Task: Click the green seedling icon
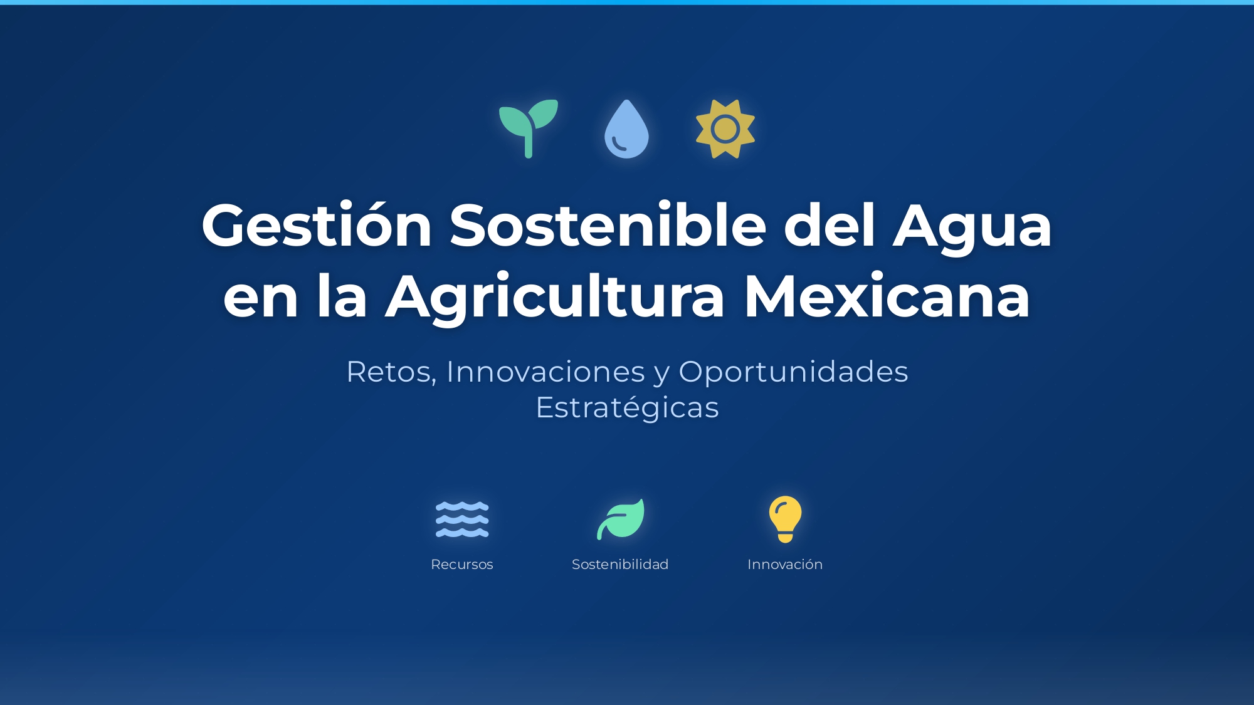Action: [x=528, y=128]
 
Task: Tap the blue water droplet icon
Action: [x=626, y=130]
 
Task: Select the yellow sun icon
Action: [x=725, y=129]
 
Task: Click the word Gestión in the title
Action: [x=317, y=226]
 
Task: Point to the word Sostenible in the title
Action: [x=608, y=226]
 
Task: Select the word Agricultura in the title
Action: [x=555, y=297]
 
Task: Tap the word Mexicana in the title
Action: [x=887, y=297]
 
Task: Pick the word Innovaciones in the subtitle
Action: [x=545, y=372]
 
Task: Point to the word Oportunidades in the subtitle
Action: [x=793, y=372]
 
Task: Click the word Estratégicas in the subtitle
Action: [x=627, y=408]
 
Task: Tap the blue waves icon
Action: [x=462, y=520]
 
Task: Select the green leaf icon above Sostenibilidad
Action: [x=620, y=519]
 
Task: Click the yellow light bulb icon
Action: [x=785, y=519]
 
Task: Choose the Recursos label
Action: [x=462, y=565]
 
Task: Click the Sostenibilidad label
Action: [x=620, y=565]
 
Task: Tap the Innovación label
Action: [x=785, y=565]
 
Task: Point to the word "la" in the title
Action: [x=342, y=297]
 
